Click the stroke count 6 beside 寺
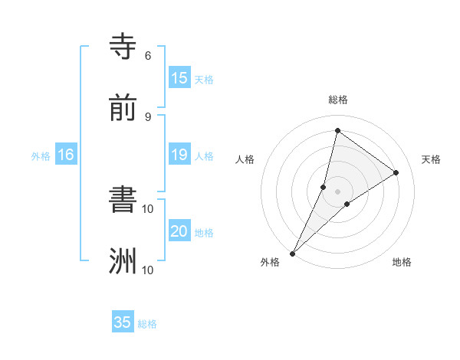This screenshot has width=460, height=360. pyautogui.click(x=147, y=56)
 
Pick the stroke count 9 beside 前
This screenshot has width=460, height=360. pyautogui.click(x=147, y=116)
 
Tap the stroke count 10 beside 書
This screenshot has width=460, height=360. pyautogui.click(x=148, y=208)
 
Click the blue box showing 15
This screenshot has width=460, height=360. pyautogui.click(x=179, y=78)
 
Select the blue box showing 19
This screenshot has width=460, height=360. pyautogui.click(x=179, y=155)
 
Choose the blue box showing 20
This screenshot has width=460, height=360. pyautogui.click(x=179, y=231)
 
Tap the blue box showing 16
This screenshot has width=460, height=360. pyautogui.click(x=66, y=155)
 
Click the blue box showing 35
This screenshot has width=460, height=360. pyautogui.click(x=123, y=322)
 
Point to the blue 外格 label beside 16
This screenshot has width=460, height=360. pyautogui.click(x=41, y=156)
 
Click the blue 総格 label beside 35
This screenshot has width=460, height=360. pyautogui.click(x=147, y=324)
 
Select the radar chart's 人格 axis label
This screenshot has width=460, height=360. pyautogui.click(x=245, y=159)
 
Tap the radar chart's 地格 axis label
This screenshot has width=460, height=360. pyautogui.click(x=402, y=262)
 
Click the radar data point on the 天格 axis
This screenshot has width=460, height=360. pyautogui.click(x=396, y=172)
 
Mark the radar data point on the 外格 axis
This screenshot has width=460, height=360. pyautogui.click(x=293, y=253)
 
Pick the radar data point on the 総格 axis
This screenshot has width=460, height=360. pyautogui.click(x=337, y=131)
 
